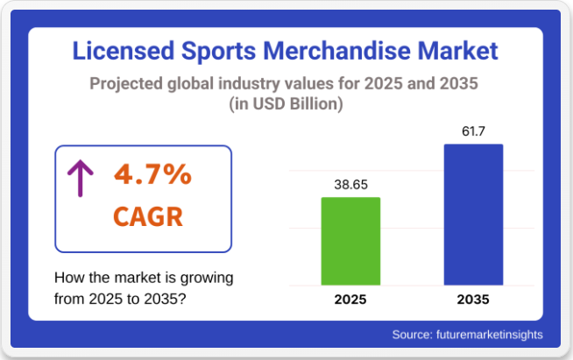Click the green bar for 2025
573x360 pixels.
(350, 241)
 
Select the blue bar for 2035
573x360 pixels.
(473, 215)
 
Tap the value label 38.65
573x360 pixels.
(350, 185)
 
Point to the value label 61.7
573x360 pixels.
(473, 132)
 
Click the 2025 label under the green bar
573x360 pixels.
(350, 300)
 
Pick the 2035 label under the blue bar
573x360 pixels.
(473, 300)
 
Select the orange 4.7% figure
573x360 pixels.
(152, 174)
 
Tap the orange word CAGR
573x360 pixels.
(148, 215)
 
